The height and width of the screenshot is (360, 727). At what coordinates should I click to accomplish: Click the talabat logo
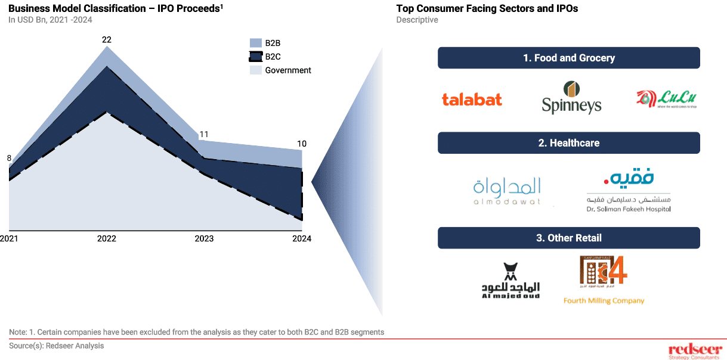pyautogui.click(x=472, y=100)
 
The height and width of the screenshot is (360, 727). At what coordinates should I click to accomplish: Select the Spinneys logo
pyautogui.click(x=571, y=98)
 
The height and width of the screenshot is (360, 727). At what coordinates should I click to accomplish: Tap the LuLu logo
pyautogui.click(x=666, y=100)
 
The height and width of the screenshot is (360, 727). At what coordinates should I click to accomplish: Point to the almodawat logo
pyautogui.click(x=507, y=191)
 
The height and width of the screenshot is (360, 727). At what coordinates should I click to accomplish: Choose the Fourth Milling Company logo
pyautogui.click(x=604, y=280)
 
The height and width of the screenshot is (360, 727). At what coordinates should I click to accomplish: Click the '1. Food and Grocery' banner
pyautogui.click(x=568, y=58)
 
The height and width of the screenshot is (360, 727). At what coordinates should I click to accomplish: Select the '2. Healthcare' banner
pyautogui.click(x=568, y=143)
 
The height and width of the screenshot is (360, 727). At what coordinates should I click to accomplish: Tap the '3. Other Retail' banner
pyautogui.click(x=568, y=238)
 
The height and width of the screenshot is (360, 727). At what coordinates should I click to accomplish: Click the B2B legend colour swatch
pyautogui.click(x=255, y=43)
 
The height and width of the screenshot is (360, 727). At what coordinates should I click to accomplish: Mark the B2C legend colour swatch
pyautogui.click(x=255, y=57)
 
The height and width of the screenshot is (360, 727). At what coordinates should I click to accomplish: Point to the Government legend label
pyautogui.click(x=288, y=70)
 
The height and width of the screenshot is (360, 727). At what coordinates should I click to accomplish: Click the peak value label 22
pyautogui.click(x=107, y=40)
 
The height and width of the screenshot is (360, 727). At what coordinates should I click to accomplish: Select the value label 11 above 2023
pyautogui.click(x=203, y=134)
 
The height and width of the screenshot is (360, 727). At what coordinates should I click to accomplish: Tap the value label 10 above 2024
pyautogui.click(x=302, y=144)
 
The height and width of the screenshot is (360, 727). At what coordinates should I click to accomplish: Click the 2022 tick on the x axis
pyautogui.click(x=107, y=238)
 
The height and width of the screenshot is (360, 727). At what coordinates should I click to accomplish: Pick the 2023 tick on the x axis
pyautogui.click(x=204, y=238)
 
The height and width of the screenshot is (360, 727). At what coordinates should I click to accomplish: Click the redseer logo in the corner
pyautogui.click(x=695, y=350)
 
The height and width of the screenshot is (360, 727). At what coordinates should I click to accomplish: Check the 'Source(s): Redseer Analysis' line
pyautogui.click(x=57, y=346)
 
